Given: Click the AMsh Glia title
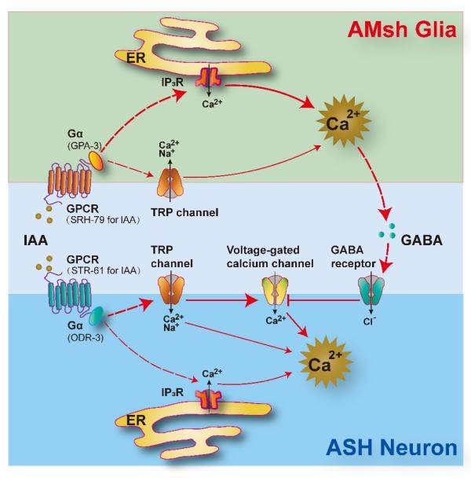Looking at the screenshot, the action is tap(402, 30).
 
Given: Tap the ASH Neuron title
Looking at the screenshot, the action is tap(392, 447).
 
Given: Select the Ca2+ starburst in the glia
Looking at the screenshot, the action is tap(344, 120).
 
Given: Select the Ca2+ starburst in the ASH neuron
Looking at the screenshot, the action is tap(326, 362).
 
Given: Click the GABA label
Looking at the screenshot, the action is tap(422, 240).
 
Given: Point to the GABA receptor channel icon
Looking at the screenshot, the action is tap(371, 291).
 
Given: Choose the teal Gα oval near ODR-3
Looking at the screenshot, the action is tap(96, 316).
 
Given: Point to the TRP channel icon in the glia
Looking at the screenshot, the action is tap(170, 184).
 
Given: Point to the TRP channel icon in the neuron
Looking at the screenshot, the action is tap(170, 290).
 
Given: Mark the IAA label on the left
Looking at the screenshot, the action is tap(35, 240).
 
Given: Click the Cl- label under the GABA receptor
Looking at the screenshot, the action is tap(370, 321).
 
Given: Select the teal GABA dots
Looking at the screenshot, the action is tap(387, 231).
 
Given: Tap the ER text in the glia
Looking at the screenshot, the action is tap(136, 57).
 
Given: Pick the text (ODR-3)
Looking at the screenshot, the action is tap(86, 338).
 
